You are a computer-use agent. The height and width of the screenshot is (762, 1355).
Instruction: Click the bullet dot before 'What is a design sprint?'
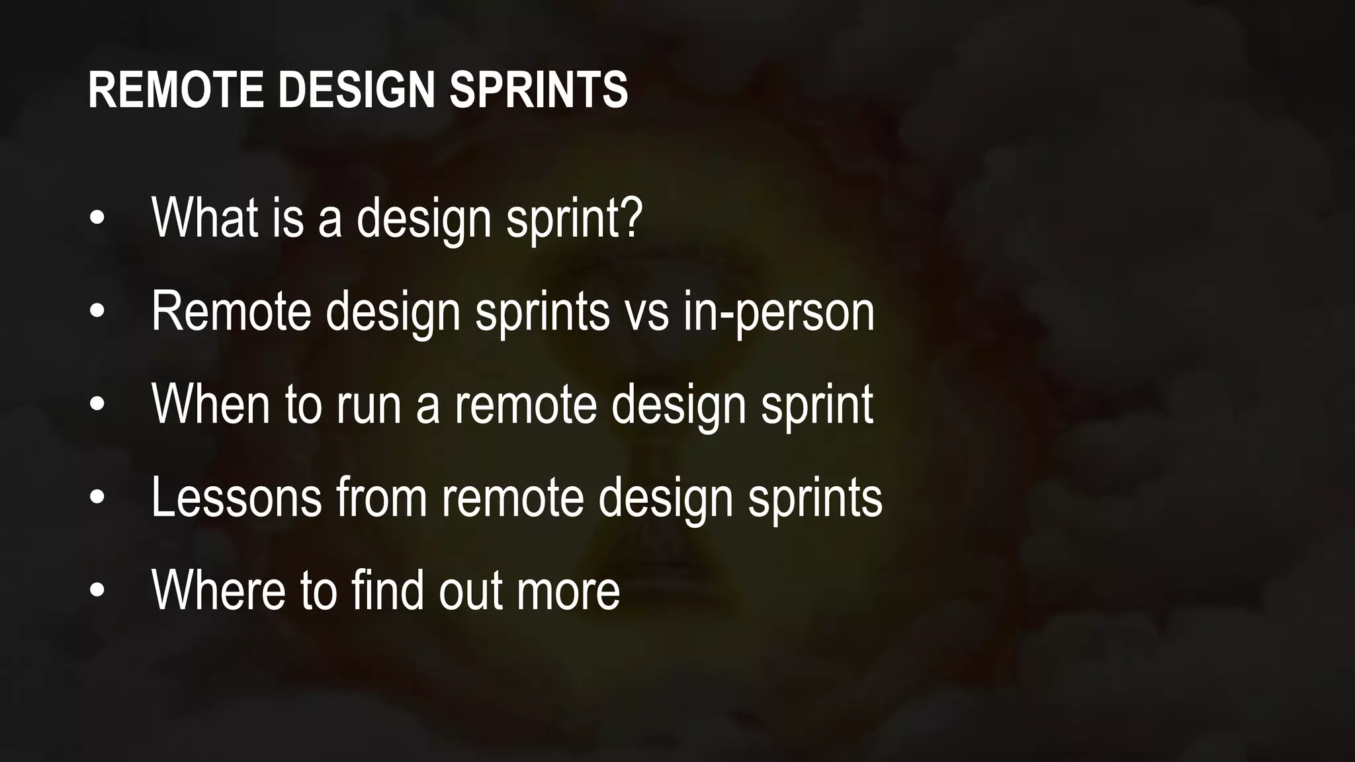(97, 219)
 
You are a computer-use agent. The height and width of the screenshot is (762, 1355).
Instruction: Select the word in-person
(779, 312)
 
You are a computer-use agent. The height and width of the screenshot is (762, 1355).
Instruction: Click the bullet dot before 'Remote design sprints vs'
(97, 312)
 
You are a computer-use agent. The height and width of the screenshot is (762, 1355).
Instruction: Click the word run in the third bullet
(369, 405)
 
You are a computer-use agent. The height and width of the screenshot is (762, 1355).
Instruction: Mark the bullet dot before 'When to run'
(97, 405)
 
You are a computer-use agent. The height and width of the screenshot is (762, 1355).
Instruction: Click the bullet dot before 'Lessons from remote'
(97, 497)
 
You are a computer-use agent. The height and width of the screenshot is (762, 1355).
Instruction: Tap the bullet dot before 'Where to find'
(97, 591)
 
